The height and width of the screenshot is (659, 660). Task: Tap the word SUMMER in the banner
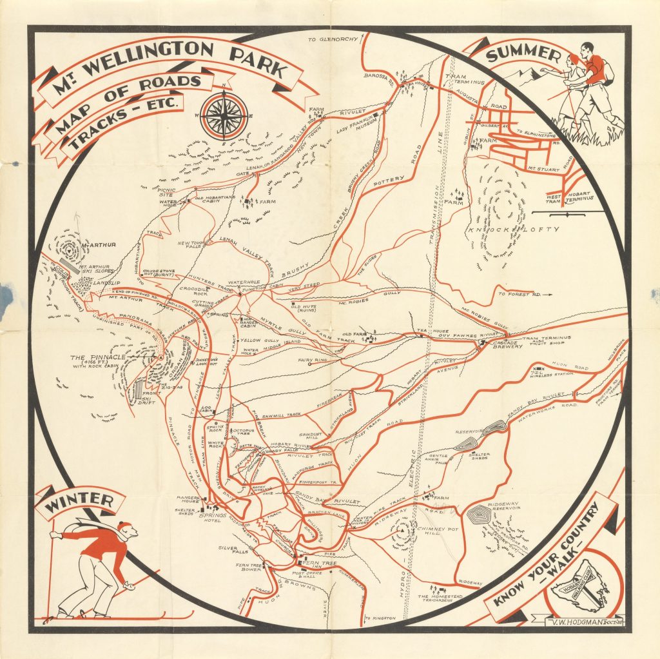click(x=523, y=55)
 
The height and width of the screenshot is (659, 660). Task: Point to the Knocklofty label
click(x=516, y=229)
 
